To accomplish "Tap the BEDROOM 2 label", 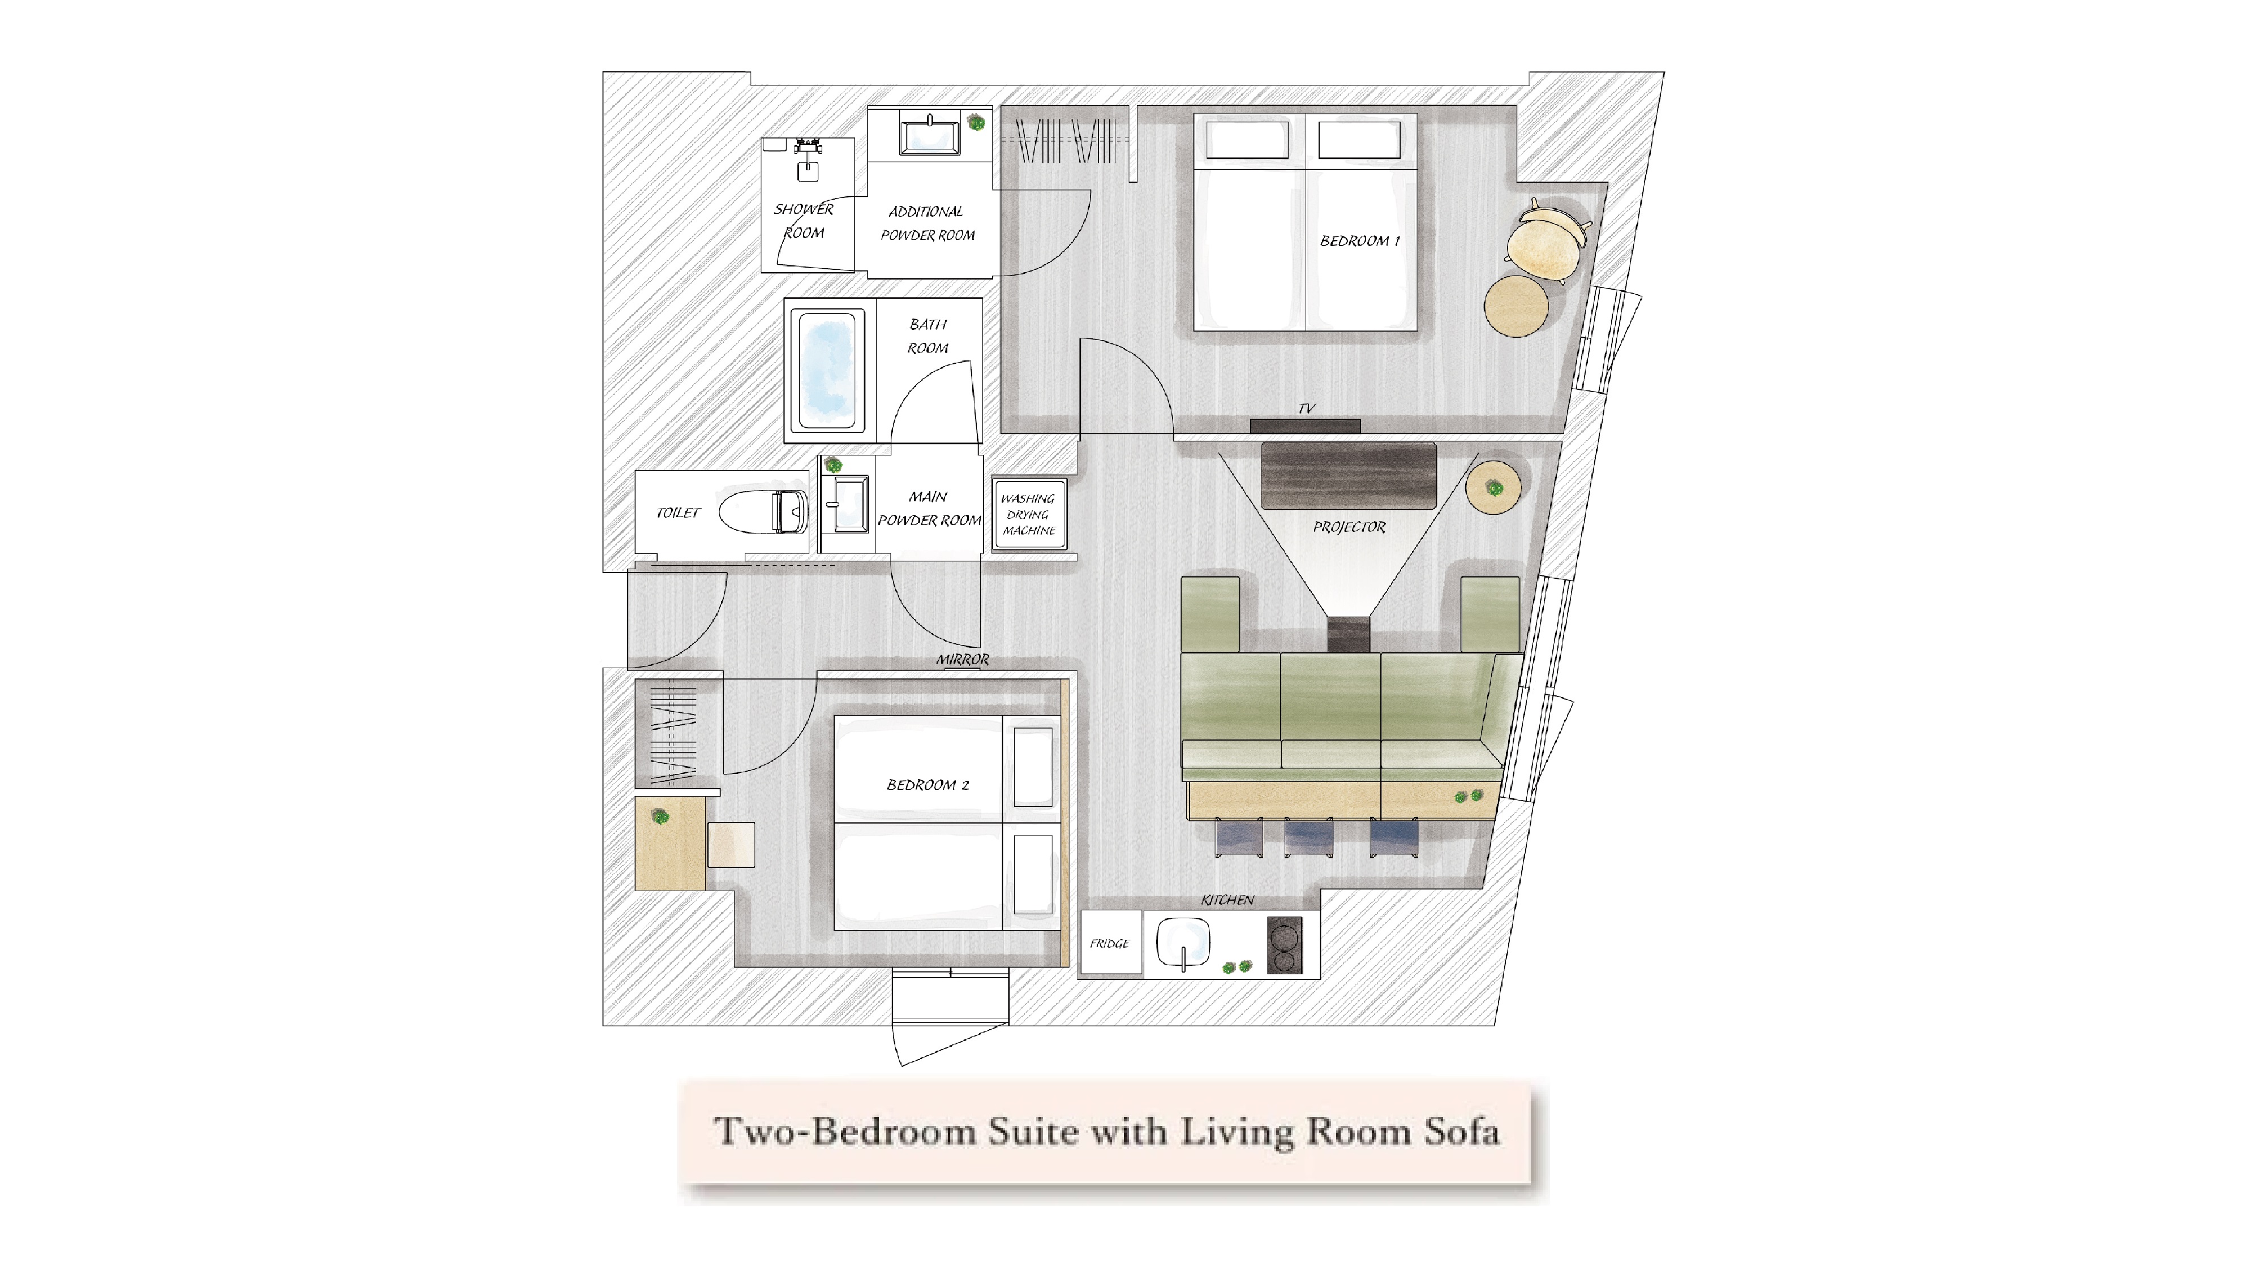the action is [928, 784].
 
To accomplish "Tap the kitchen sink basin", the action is [1184, 943].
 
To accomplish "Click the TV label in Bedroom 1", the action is [1306, 408].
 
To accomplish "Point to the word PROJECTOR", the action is [1349, 527].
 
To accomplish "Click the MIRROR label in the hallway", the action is [963, 659].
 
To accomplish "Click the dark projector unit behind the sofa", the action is [1348, 634].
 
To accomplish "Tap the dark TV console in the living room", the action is [1348, 475].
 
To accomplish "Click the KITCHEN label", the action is [1227, 900].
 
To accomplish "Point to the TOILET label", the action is [679, 513].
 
